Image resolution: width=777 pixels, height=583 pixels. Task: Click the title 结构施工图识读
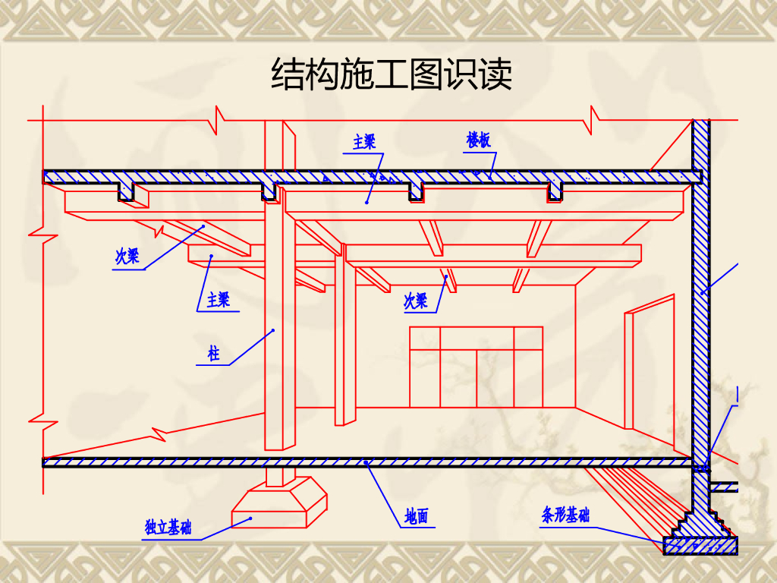pos(392,75)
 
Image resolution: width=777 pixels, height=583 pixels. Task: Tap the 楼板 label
pos(478,140)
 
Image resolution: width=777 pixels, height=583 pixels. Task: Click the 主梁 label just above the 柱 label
pos(218,300)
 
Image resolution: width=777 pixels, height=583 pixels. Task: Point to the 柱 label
pos(214,353)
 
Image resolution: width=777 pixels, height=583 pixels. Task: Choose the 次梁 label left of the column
pos(127,256)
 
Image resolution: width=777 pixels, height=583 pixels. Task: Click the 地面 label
pos(416,517)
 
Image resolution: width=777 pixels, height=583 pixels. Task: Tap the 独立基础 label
pos(168,527)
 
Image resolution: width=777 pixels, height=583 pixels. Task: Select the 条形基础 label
pos(565,516)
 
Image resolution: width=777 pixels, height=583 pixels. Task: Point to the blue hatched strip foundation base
pos(700,545)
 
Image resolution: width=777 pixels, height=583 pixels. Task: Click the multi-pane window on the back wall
pos(476,367)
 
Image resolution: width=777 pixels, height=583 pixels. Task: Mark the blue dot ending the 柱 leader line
pos(273,330)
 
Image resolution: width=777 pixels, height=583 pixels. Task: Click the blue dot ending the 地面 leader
pos(366,462)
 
